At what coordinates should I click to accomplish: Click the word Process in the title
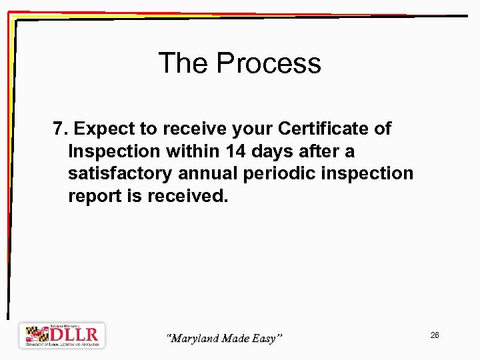click(269, 63)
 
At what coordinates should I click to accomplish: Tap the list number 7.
click(59, 128)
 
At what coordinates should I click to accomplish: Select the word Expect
click(103, 128)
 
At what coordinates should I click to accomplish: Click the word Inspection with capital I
click(115, 151)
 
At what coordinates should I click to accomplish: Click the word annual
click(207, 174)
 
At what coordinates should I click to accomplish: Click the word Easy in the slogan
click(267, 339)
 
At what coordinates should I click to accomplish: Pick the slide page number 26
click(435, 335)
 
